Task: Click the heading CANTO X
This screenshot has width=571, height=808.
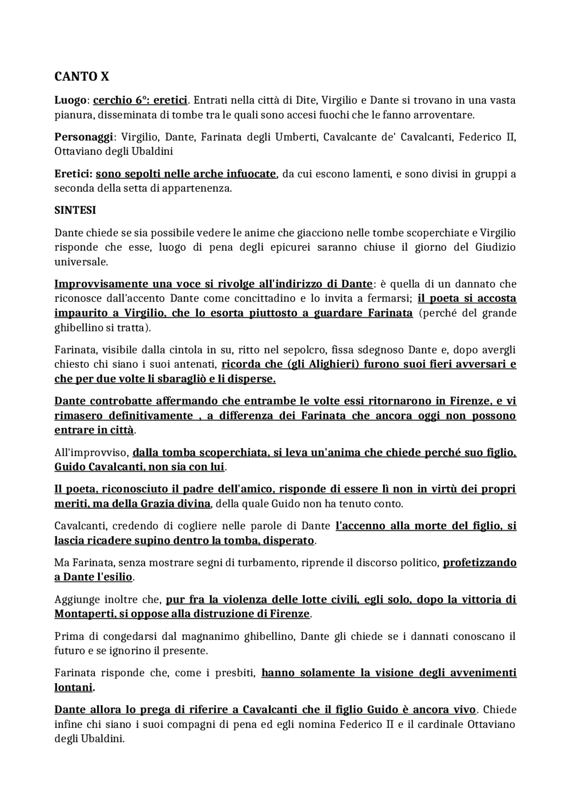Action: [82, 77]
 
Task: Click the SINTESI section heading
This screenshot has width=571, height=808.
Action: [75, 210]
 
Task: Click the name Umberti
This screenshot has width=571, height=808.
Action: [293, 137]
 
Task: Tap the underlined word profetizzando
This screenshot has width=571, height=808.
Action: [480, 563]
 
